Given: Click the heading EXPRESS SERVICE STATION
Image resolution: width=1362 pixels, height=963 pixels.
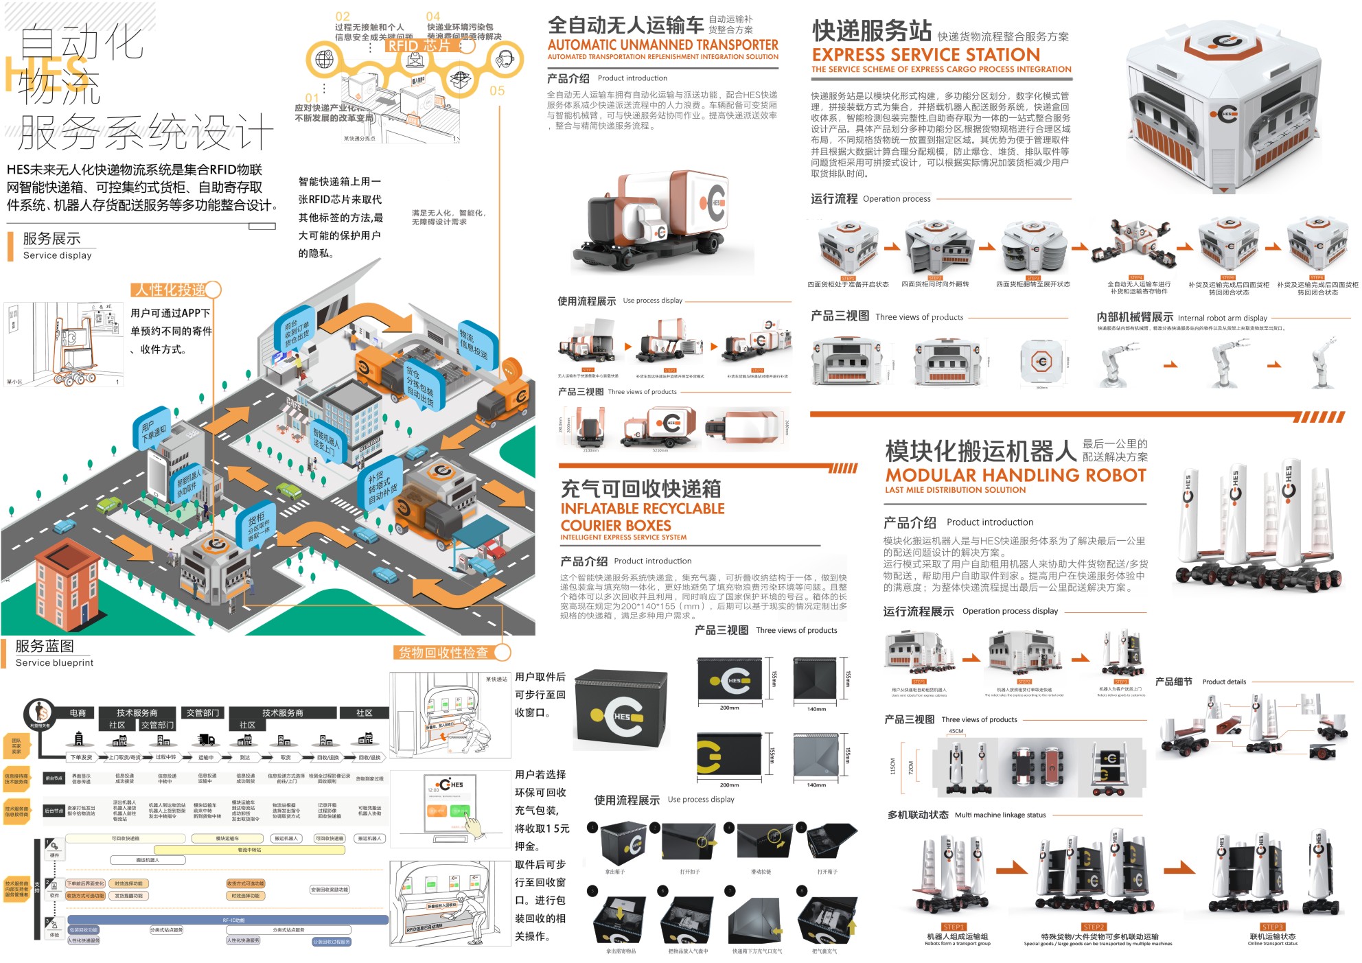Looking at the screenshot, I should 925,54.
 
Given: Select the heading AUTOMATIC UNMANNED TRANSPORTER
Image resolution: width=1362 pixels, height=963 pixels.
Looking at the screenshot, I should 662,45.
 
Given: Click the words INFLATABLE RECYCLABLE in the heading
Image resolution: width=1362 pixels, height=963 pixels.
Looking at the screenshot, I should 643,509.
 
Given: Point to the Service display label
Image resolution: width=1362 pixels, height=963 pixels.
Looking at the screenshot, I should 57,255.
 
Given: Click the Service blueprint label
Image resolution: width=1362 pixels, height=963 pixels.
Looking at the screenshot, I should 54,662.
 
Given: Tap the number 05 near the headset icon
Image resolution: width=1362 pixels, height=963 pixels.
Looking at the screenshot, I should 497,91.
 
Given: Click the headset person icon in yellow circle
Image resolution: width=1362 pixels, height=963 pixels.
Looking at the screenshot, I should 505,59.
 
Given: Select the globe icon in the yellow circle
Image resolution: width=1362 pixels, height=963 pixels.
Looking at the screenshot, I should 324,59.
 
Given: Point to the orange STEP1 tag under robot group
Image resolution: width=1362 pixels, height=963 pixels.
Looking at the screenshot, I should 954,927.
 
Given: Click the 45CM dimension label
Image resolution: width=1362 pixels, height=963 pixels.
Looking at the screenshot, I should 956,731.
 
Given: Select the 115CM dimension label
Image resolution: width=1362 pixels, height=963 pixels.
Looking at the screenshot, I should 892,766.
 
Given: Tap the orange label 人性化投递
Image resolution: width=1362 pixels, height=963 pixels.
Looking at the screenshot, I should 170,290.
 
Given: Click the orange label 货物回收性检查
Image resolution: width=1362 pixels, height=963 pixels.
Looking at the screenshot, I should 443,652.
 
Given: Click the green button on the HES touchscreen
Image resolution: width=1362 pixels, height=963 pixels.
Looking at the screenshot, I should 459,811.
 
